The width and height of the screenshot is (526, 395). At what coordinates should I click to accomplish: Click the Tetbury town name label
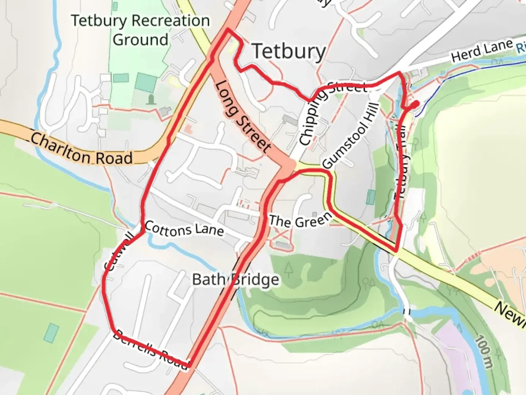pyautogui.click(x=289, y=51)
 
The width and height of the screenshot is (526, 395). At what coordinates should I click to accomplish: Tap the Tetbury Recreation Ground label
pyautogui.click(x=141, y=30)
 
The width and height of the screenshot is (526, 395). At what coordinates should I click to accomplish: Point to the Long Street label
pyautogui.click(x=243, y=116)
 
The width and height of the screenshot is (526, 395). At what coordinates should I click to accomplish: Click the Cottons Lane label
pyautogui.click(x=184, y=229)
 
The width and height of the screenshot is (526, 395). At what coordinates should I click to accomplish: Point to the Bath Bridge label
pyautogui.click(x=236, y=280)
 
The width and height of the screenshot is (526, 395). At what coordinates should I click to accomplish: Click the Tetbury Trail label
pyautogui.click(x=402, y=161)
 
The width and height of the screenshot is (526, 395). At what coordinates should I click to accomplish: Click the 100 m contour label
pyautogui.click(x=484, y=351)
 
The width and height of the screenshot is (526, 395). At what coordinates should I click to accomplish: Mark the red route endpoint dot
pyautogui.click(x=415, y=105)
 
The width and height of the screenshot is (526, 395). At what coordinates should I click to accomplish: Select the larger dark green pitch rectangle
pyautogui.click(x=146, y=82)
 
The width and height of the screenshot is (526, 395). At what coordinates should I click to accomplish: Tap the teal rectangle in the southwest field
pyautogui.click(x=52, y=332)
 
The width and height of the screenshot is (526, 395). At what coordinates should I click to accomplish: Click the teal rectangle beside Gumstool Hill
pyautogui.click(x=371, y=197)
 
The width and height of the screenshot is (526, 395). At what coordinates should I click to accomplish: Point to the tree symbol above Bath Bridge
pyautogui.click(x=289, y=269)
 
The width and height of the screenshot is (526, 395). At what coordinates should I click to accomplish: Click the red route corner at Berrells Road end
pyautogui.click(x=189, y=365)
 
